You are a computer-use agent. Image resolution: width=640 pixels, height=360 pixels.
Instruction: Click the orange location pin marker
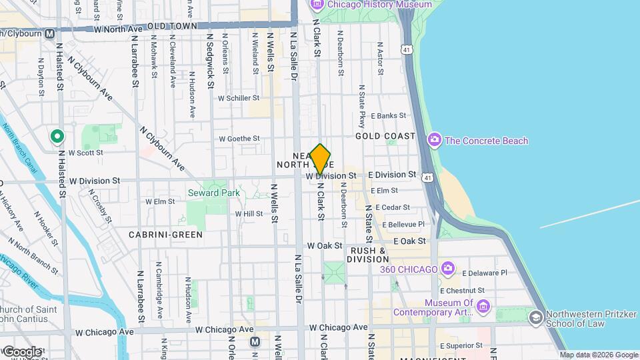pyautogui.click(x=321, y=159)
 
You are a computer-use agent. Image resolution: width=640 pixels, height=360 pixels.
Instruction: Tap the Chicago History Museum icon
pyautogui.click(x=317, y=5)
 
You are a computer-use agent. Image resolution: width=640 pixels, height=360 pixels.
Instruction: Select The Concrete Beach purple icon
pyautogui.click(x=435, y=140)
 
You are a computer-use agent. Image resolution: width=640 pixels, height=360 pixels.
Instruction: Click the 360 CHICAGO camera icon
pyautogui.click(x=449, y=269)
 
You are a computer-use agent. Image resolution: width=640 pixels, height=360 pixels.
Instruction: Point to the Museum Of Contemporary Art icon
pyautogui.click(x=483, y=307)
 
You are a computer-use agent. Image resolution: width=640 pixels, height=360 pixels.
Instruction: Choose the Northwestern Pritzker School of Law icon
pyautogui.click(x=535, y=318)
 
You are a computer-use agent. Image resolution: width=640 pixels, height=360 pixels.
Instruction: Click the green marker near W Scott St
pyautogui.click(x=57, y=137)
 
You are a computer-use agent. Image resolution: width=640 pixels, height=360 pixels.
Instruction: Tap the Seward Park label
pyautogui.click(x=213, y=193)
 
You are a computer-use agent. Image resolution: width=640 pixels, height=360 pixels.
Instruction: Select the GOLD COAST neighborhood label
pyautogui.click(x=385, y=136)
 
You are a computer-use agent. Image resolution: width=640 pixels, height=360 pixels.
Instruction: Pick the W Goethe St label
pyautogui.click(x=239, y=139)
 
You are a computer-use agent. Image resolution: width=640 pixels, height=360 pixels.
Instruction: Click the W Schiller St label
pyautogui.click(x=238, y=97)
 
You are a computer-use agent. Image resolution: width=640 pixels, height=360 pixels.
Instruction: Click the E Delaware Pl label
pyautogui.click(x=484, y=273)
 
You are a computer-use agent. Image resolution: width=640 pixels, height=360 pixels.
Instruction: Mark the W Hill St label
pyautogui.click(x=249, y=213)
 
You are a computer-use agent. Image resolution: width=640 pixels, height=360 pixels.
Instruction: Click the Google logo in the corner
pyautogui.click(x=21, y=351)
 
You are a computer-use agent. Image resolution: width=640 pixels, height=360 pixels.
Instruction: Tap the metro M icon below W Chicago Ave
pyautogui.click(x=254, y=342)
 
